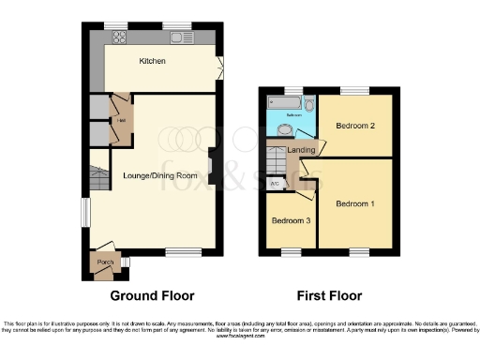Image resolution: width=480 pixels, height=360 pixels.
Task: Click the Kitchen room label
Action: pyautogui.click(x=152, y=61)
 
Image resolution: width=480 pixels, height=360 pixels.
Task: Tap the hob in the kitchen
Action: pyautogui.click(x=120, y=38)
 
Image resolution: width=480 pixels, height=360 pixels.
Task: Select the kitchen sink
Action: pyautogui.click(x=176, y=38)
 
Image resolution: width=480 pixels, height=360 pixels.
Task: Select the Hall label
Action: pyautogui.click(x=120, y=119)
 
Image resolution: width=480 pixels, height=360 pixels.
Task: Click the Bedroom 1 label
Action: pyautogui.click(x=353, y=203)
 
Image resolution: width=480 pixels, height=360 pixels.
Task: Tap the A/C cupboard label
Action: pyautogui.click(x=275, y=185)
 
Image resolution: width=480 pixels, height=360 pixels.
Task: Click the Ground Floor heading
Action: pyautogui.click(x=152, y=295)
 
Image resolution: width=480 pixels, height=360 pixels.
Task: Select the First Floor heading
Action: pyautogui.click(x=329, y=295)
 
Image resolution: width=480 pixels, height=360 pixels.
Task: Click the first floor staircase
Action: pyautogui.click(x=277, y=162)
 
